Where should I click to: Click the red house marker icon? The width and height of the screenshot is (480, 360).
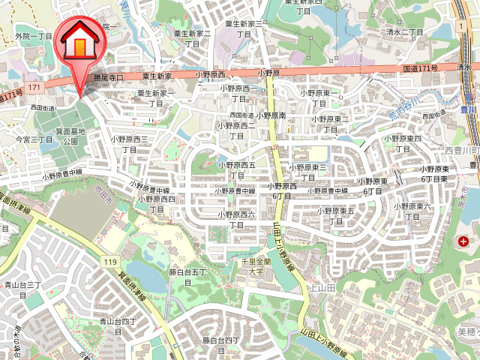pyautogui.click(x=79, y=43)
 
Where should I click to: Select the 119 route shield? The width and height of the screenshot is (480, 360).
pyautogui.click(x=110, y=261)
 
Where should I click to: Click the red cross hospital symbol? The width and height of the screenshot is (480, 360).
pyautogui.click(x=464, y=241)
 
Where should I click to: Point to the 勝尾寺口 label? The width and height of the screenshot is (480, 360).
pyautogui.click(x=108, y=77)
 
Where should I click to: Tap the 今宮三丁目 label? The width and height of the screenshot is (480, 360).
pyautogui.click(x=34, y=139)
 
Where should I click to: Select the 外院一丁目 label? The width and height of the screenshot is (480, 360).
pyautogui.click(x=34, y=36)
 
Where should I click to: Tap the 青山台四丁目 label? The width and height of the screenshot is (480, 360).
pyautogui.click(x=118, y=327)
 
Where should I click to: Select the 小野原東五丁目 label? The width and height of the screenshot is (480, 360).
pyautogui.click(x=335, y=215)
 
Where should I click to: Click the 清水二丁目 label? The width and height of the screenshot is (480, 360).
pyautogui.click(x=405, y=32)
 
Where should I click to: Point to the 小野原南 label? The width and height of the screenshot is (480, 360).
pyautogui.click(x=272, y=115)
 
